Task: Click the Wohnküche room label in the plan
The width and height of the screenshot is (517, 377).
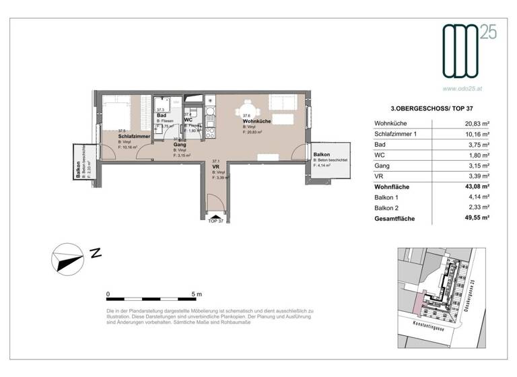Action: click(x=257, y=121)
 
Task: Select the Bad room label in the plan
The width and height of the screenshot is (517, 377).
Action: click(x=162, y=115)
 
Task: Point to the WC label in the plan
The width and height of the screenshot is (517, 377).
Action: click(x=188, y=120)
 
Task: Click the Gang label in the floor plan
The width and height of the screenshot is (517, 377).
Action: click(x=180, y=145)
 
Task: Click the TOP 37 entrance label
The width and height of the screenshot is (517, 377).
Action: click(x=216, y=221)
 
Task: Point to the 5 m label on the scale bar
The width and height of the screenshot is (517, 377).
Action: click(x=197, y=294)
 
